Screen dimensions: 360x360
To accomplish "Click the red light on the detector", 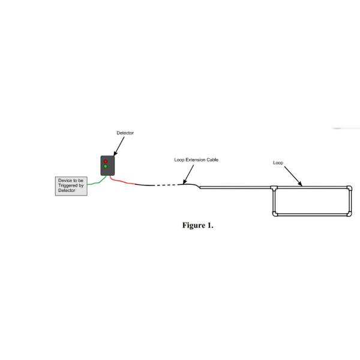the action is (x=106, y=161).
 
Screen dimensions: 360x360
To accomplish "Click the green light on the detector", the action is (x=106, y=167).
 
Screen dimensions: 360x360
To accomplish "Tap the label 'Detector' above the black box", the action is (x=125, y=133).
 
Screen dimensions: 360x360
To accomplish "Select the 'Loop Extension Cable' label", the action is (x=193, y=160).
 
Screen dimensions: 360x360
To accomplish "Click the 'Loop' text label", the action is (x=278, y=162).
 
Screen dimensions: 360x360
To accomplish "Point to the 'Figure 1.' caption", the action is (x=197, y=226).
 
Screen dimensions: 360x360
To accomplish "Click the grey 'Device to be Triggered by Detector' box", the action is (x=71, y=185).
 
